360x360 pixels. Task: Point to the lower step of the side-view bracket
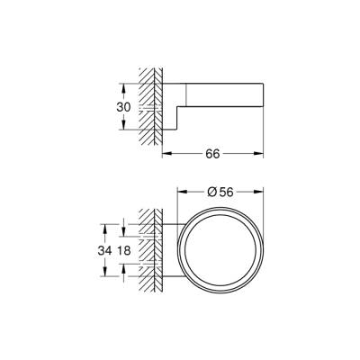click(177, 120)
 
